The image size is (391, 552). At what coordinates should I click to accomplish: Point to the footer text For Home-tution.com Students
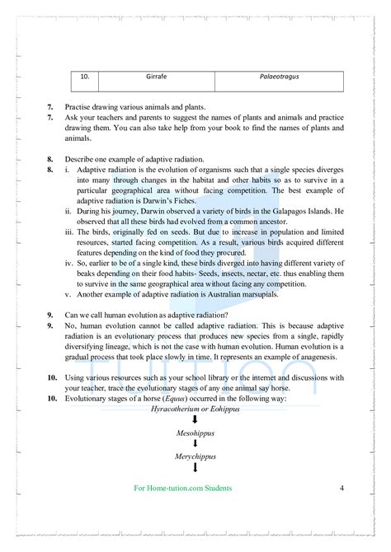click(x=182, y=488)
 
